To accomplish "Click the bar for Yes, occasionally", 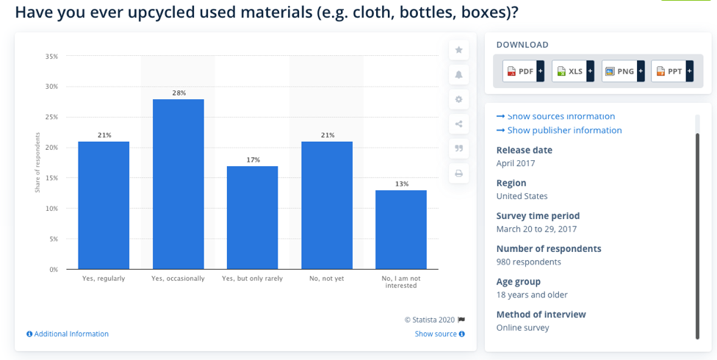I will tap(178, 184).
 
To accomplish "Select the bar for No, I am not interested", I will tap(400, 229).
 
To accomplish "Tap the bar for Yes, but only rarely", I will tap(252, 217).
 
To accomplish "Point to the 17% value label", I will tap(253, 159).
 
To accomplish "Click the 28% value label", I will tap(179, 93).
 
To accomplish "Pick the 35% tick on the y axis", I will tap(51, 57).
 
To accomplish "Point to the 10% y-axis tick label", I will tap(51, 209).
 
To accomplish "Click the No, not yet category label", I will tap(326, 278).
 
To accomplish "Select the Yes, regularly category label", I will tap(104, 278).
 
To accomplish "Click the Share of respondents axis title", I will tap(37, 163).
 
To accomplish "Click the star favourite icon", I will tap(459, 50).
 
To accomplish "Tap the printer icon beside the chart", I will tap(459, 173).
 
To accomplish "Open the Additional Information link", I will tap(68, 334).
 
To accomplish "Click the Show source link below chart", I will tap(439, 334).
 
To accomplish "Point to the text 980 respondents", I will tap(528, 262).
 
